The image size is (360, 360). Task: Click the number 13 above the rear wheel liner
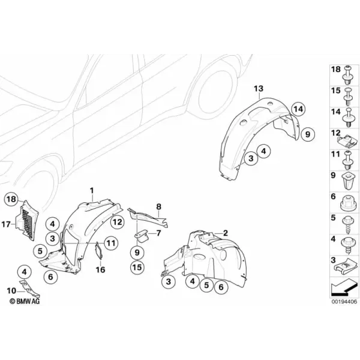pyautogui.click(x=259, y=88)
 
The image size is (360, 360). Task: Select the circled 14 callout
pyautogui.click(x=298, y=109)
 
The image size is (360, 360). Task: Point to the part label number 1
pyautogui.click(x=92, y=191)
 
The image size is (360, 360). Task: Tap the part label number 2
pyautogui.click(x=226, y=233)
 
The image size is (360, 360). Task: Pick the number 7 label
pyautogui.click(x=158, y=233)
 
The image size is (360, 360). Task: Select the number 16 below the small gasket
pyautogui.click(x=100, y=269)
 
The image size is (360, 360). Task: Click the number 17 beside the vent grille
pyautogui.click(x=6, y=224)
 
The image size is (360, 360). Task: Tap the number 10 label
pyautogui.click(x=11, y=291)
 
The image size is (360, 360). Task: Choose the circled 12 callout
pyautogui.click(x=118, y=222)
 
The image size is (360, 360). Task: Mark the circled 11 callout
pyautogui.click(x=111, y=243)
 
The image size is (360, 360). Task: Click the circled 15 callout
pyautogui.click(x=137, y=267)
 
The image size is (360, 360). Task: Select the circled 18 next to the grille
pyautogui.click(x=11, y=199)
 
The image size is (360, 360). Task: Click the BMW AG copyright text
pyautogui.click(x=25, y=301)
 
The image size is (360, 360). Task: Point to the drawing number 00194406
pyautogui.click(x=344, y=301)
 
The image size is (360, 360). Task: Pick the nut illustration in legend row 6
pyautogui.click(x=348, y=203)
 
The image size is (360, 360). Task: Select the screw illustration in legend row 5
pyautogui.click(x=348, y=225)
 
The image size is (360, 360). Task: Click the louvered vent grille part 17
pyautogui.click(x=27, y=220)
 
